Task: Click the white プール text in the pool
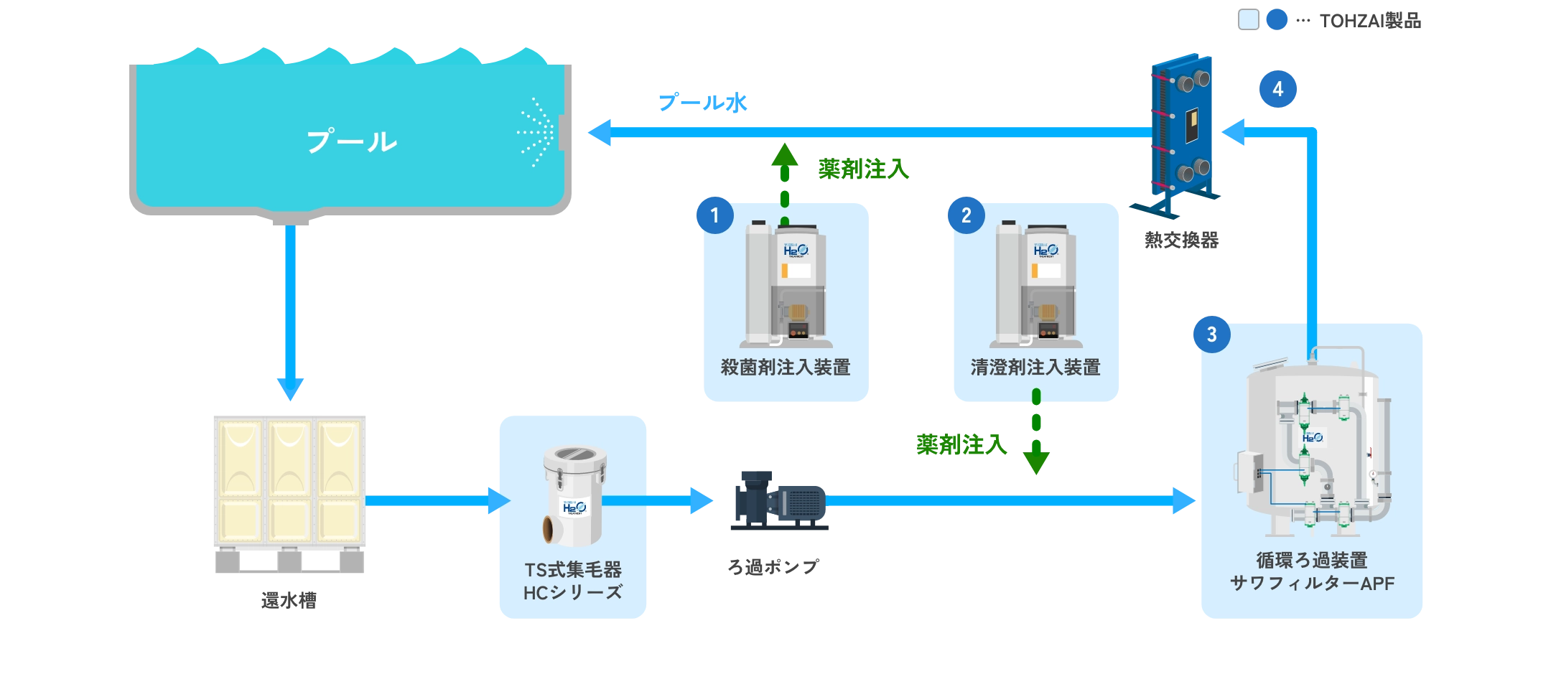pyautogui.click(x=352, y=141)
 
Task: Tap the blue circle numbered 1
pyautogui.click(x=714, y=215)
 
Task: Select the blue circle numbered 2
pyautogui.click(x=967, y=215)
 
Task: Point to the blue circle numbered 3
pyautogui.click(x=1211, y=335)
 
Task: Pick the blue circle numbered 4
pyautogui.click(x=1277, y=89)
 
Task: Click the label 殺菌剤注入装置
pyautogui.click(x=786, y=368)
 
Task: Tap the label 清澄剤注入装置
pyautogui.click(x=1035, y=368)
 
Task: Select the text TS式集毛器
pyautogui.click(x=573, y=570)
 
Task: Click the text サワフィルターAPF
pyautogui.click(x=1312, y=584)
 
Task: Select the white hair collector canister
pyautogui.click(x=574, y=495)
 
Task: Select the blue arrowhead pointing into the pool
pyautogui.click(x=600, y=132)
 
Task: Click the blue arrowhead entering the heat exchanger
pyautogui.click(x=1234, y=132)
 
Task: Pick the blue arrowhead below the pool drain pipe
pyautogui.click(x=290, y=388)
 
